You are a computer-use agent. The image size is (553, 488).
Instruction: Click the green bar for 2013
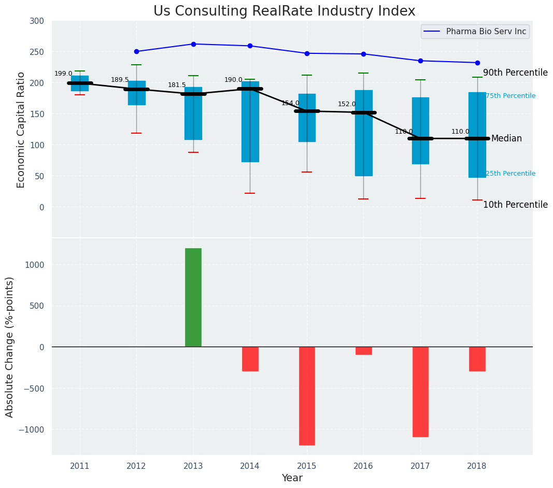pyautogui.click(x=193, y=297)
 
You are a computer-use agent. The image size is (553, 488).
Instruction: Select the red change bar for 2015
pyautogui.click(x=307, y=396)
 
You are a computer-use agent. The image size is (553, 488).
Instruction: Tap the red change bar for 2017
pyautogui.click(x=420, y=392)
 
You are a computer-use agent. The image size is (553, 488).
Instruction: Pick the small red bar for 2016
pyautogui.click(x=363, y=351)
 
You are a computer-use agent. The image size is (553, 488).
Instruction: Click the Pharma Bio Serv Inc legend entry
pyautogui.click(x=486, y=32)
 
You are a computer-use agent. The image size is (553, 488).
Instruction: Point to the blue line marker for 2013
pyautogui.click(x=193, y=44)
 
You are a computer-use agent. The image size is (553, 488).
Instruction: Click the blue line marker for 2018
pyautogui.click(x=477, y=63)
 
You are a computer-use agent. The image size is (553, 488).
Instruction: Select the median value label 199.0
pyautogui.click(x=63, y=74)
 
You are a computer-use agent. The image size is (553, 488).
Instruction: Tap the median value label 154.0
pyautogui.click(x=290, y=103)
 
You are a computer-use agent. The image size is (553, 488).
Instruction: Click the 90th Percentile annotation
pyautogui.click(x=515, y=73)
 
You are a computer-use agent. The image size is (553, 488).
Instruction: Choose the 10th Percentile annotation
pyautogui.click(x=515, y=205)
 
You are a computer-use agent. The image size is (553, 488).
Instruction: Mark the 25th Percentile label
pyautogui.click(x=511, y=174)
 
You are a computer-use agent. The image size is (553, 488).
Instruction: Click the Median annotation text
pyautogui.click(x=506, y=138)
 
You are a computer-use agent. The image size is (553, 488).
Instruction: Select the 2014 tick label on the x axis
pyautogui.click(x=250, y=466)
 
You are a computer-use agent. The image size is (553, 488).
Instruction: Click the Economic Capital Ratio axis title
pyautogui.click(x=21, y=130)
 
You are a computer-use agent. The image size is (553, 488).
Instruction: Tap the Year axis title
pyautogui.click(x=292, y=478)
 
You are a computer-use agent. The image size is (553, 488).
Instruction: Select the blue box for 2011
pyautogui.click(x=80, y=83)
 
